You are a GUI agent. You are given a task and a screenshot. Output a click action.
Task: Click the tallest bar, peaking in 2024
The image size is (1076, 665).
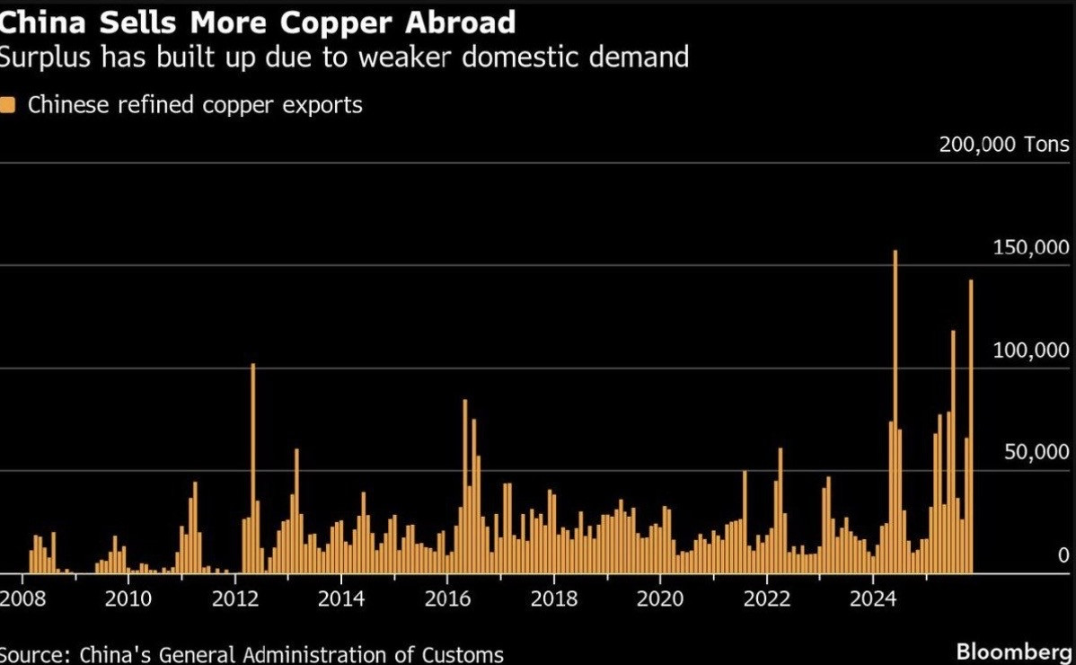click(895, 413)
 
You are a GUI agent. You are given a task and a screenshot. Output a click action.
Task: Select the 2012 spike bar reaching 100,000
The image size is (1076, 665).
click(253, 467)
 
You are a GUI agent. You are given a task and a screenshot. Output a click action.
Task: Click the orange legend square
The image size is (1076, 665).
click(8, 105)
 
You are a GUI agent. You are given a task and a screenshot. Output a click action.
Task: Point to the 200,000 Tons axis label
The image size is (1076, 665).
click(1004, 145)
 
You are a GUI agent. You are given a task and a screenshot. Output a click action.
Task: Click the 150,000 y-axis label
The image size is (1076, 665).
click(1031, 247)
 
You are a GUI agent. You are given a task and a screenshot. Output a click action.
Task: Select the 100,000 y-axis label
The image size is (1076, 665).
click(1031, 350)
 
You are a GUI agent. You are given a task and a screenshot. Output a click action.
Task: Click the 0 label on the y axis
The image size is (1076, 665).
click(1063, 554)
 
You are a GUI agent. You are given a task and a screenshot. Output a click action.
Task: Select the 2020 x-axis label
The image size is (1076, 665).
click(659, 598)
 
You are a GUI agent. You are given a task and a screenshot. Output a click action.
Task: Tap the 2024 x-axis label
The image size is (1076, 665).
click(873, 598)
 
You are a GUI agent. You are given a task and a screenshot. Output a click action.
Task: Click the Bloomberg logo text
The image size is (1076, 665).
click(1013, 651)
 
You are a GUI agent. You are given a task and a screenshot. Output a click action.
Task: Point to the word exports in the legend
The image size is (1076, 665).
click(321, 105)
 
